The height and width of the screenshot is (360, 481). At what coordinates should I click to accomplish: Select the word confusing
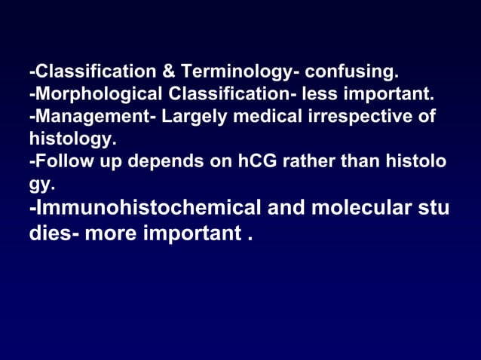351,72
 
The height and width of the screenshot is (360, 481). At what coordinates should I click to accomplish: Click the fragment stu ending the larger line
434,207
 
